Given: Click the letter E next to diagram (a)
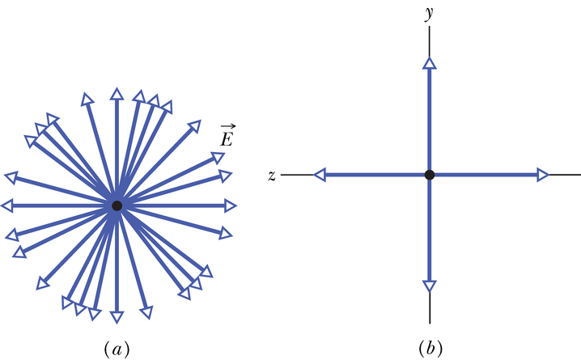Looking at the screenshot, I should tap(227, 139).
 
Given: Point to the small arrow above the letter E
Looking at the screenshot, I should tap(227, 126).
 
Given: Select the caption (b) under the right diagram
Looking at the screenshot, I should tap(430, 349).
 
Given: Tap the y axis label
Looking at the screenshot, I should tap(430, 13).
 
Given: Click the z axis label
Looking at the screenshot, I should tap(272, 176).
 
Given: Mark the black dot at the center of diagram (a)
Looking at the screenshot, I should tap(117, 206).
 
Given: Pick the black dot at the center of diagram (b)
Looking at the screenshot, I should tap(430, 174).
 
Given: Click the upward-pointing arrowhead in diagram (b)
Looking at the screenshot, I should tap(430, 63).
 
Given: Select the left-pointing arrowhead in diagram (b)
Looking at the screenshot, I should tap(320, 174).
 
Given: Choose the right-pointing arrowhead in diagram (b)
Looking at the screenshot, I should tap(542, 174).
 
